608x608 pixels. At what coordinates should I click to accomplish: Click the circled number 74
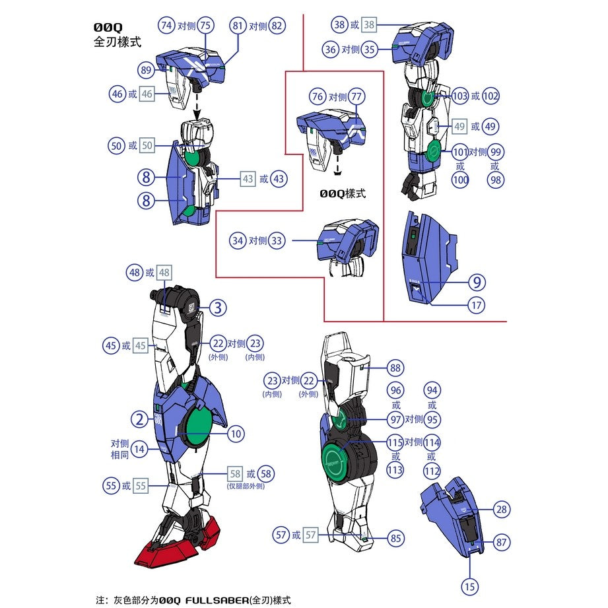click(166, 26)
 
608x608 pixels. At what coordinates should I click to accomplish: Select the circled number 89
click(146, 71)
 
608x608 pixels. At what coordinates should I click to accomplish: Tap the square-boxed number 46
click(147, 94)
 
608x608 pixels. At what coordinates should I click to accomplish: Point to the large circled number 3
click(219, 308)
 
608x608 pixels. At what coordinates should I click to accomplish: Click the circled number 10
click(236, 434)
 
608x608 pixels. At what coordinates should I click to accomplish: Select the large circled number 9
click(478, 283)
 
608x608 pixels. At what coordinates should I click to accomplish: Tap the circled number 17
click(478, 306)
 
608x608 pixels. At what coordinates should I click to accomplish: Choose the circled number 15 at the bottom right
click(469, 586)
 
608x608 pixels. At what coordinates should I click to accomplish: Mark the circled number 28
click(502, 509)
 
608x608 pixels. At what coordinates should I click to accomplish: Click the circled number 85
click(395, 539)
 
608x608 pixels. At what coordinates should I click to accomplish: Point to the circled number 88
click(395, 368)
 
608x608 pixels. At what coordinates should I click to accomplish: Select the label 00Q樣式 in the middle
click(342, 194)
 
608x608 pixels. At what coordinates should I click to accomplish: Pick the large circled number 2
click(139, 419)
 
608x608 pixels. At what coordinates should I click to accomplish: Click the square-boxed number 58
click(236, 474)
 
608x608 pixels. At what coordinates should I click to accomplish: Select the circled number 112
click(432, 471)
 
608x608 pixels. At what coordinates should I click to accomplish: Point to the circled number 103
click(460, 96)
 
